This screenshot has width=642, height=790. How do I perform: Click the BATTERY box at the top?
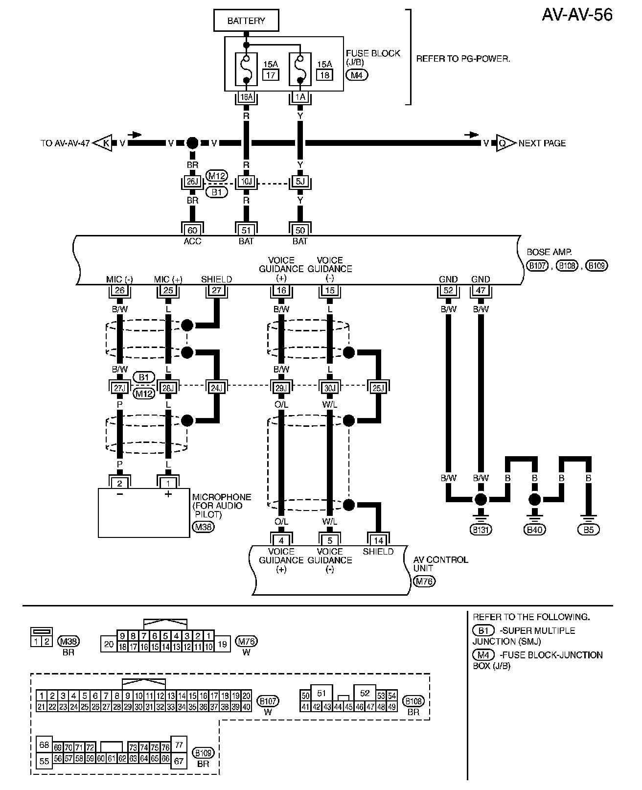(x=246, y=21)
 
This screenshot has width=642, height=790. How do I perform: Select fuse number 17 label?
(x=270, y=75)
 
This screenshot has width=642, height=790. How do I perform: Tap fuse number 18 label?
(x=324, y=75)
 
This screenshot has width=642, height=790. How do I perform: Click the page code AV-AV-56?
(x=577, y=15)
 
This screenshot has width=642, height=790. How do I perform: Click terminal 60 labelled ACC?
(x=192, y=231)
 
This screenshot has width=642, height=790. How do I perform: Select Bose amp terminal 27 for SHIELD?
(x=216, y=290)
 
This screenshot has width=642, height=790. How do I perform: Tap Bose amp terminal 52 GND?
(x=448, y=290)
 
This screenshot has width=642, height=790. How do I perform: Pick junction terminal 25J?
(x=378, y=388)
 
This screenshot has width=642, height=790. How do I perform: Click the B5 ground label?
(x=588, y=530)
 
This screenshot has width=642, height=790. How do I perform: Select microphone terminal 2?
(x=119, y=484)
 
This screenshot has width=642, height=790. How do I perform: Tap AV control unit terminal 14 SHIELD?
(x=378, y=540)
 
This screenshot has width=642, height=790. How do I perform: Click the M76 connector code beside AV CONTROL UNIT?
(x=424, y=581)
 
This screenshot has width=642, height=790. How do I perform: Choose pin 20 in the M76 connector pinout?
(x=109, y=644)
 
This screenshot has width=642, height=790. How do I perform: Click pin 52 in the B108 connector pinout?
(x=365, y=694)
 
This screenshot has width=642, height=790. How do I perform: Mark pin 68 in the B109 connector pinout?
(x=44, y=744)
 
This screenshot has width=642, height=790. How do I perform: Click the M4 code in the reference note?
(x=483, y=655)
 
